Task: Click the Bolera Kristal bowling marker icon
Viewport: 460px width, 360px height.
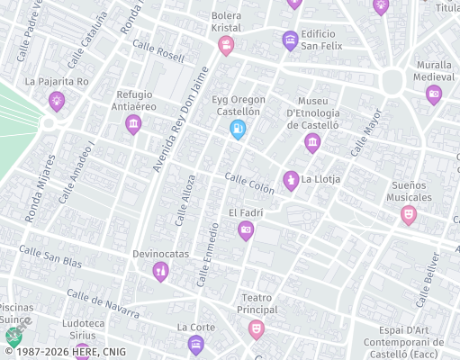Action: (x=226, y=45)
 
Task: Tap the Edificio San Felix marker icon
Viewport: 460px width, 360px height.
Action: (x=290, y=40)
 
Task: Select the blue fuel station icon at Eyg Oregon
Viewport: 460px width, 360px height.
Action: (x=238, y=130)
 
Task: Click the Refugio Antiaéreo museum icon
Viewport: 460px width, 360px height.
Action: (x=134, y=124)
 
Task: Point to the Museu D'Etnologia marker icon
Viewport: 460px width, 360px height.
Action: (x=312, y=143)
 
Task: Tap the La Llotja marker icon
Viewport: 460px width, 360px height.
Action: (x=291, y=180)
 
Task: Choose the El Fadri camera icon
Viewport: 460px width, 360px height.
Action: (x=245, y=231)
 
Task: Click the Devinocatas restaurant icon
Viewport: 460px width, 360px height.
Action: (x=160, y=271)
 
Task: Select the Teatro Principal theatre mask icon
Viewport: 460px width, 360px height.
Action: (x=257, y=328)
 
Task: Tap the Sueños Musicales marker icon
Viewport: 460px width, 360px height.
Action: (x=409, y=215)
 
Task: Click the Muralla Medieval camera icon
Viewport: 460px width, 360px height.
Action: (x=434, y=94)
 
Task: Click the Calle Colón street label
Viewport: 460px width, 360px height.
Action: (x=249, y=183)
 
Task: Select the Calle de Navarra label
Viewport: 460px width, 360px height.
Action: (x=103, y=304)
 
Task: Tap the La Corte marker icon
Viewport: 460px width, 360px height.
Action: (x=196, y=343)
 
